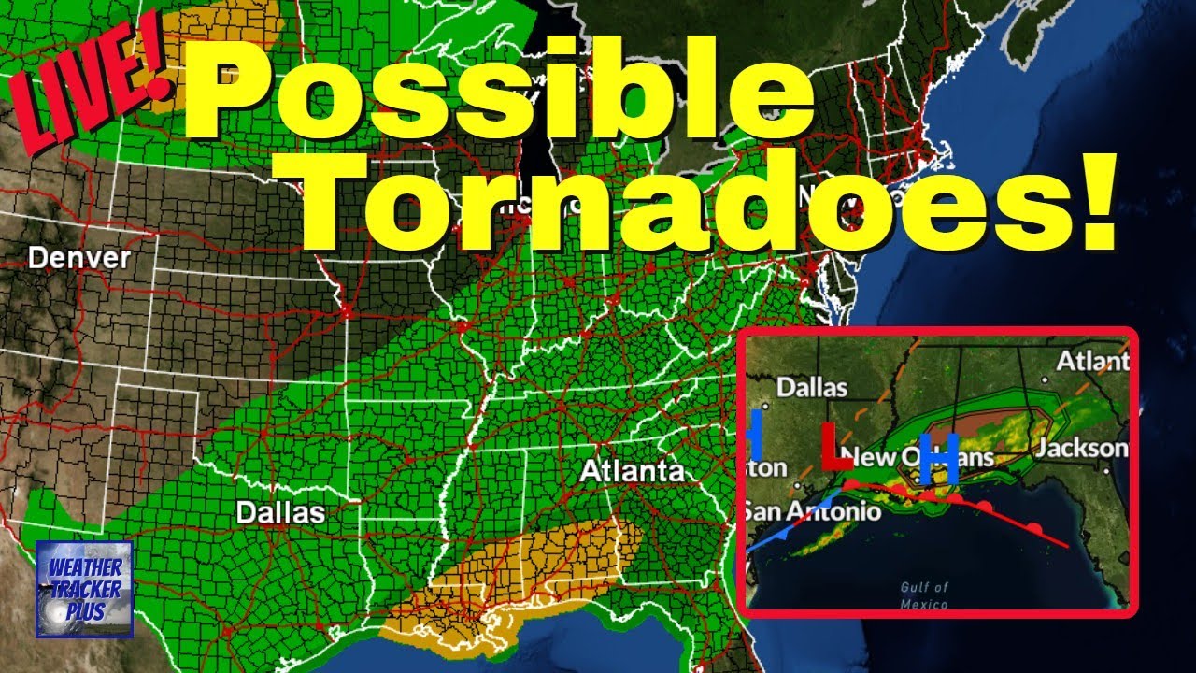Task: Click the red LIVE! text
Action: (x=93, y=93)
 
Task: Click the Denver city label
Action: (x=78, y=258)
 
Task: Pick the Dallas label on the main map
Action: (x=280, y=512)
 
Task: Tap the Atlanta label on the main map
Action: (x=632, y=471)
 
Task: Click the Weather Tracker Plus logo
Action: (x=84, y=589)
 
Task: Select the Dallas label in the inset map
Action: (x=811, y=386)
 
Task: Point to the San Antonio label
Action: (x=811, y=511)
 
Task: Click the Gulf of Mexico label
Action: (x=924, y=595)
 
